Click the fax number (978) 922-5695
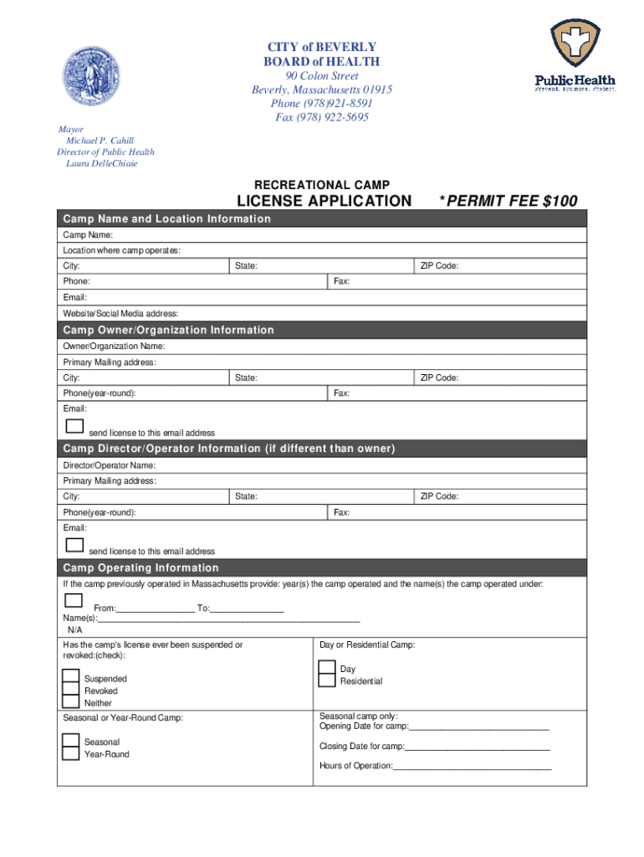pyautogui.click(x=322, y=117)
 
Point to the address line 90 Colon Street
pyautogui.click(x=322, y=76)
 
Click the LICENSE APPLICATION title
pyautogui.click(x=325, y=201)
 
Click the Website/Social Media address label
pyautogui.click(x=120, y=313)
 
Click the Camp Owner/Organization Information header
pyautogui.click(x=168, y=330)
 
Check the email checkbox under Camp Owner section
pyautogui.click(x=74, y=426)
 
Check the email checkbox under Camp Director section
pyautogui.click(x=74, y=545)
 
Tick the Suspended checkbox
pyautogui.click(x=71, y=678)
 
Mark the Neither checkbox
pyautogui.click(x=71, y=703)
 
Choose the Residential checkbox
pyautogui.click(x=326, y=680)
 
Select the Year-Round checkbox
pyautogui.click(x=71, y=753)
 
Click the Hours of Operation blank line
pyautogui.click(x=472, y=766)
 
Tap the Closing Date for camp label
pyautogui.click(x=361, y=746)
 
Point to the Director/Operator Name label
pyautogui.click(x=109, y=464)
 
